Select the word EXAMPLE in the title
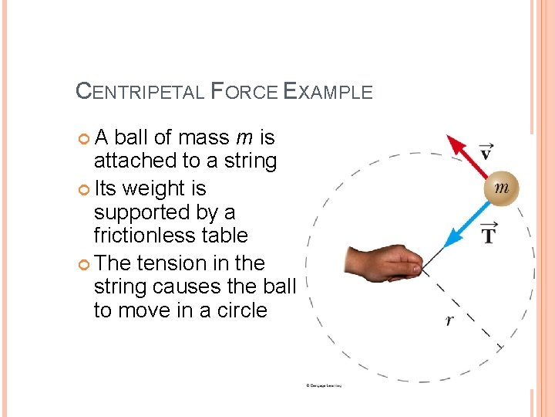pyautogui.click(x=328, y=91)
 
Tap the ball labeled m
pyautogui.click(x=500, y=188)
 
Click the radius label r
pyautogui.click(x=449, y=320)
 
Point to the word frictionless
pyautogui.click(x=170, y=236)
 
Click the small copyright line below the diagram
pyautogui.click(x=323, y=385)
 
